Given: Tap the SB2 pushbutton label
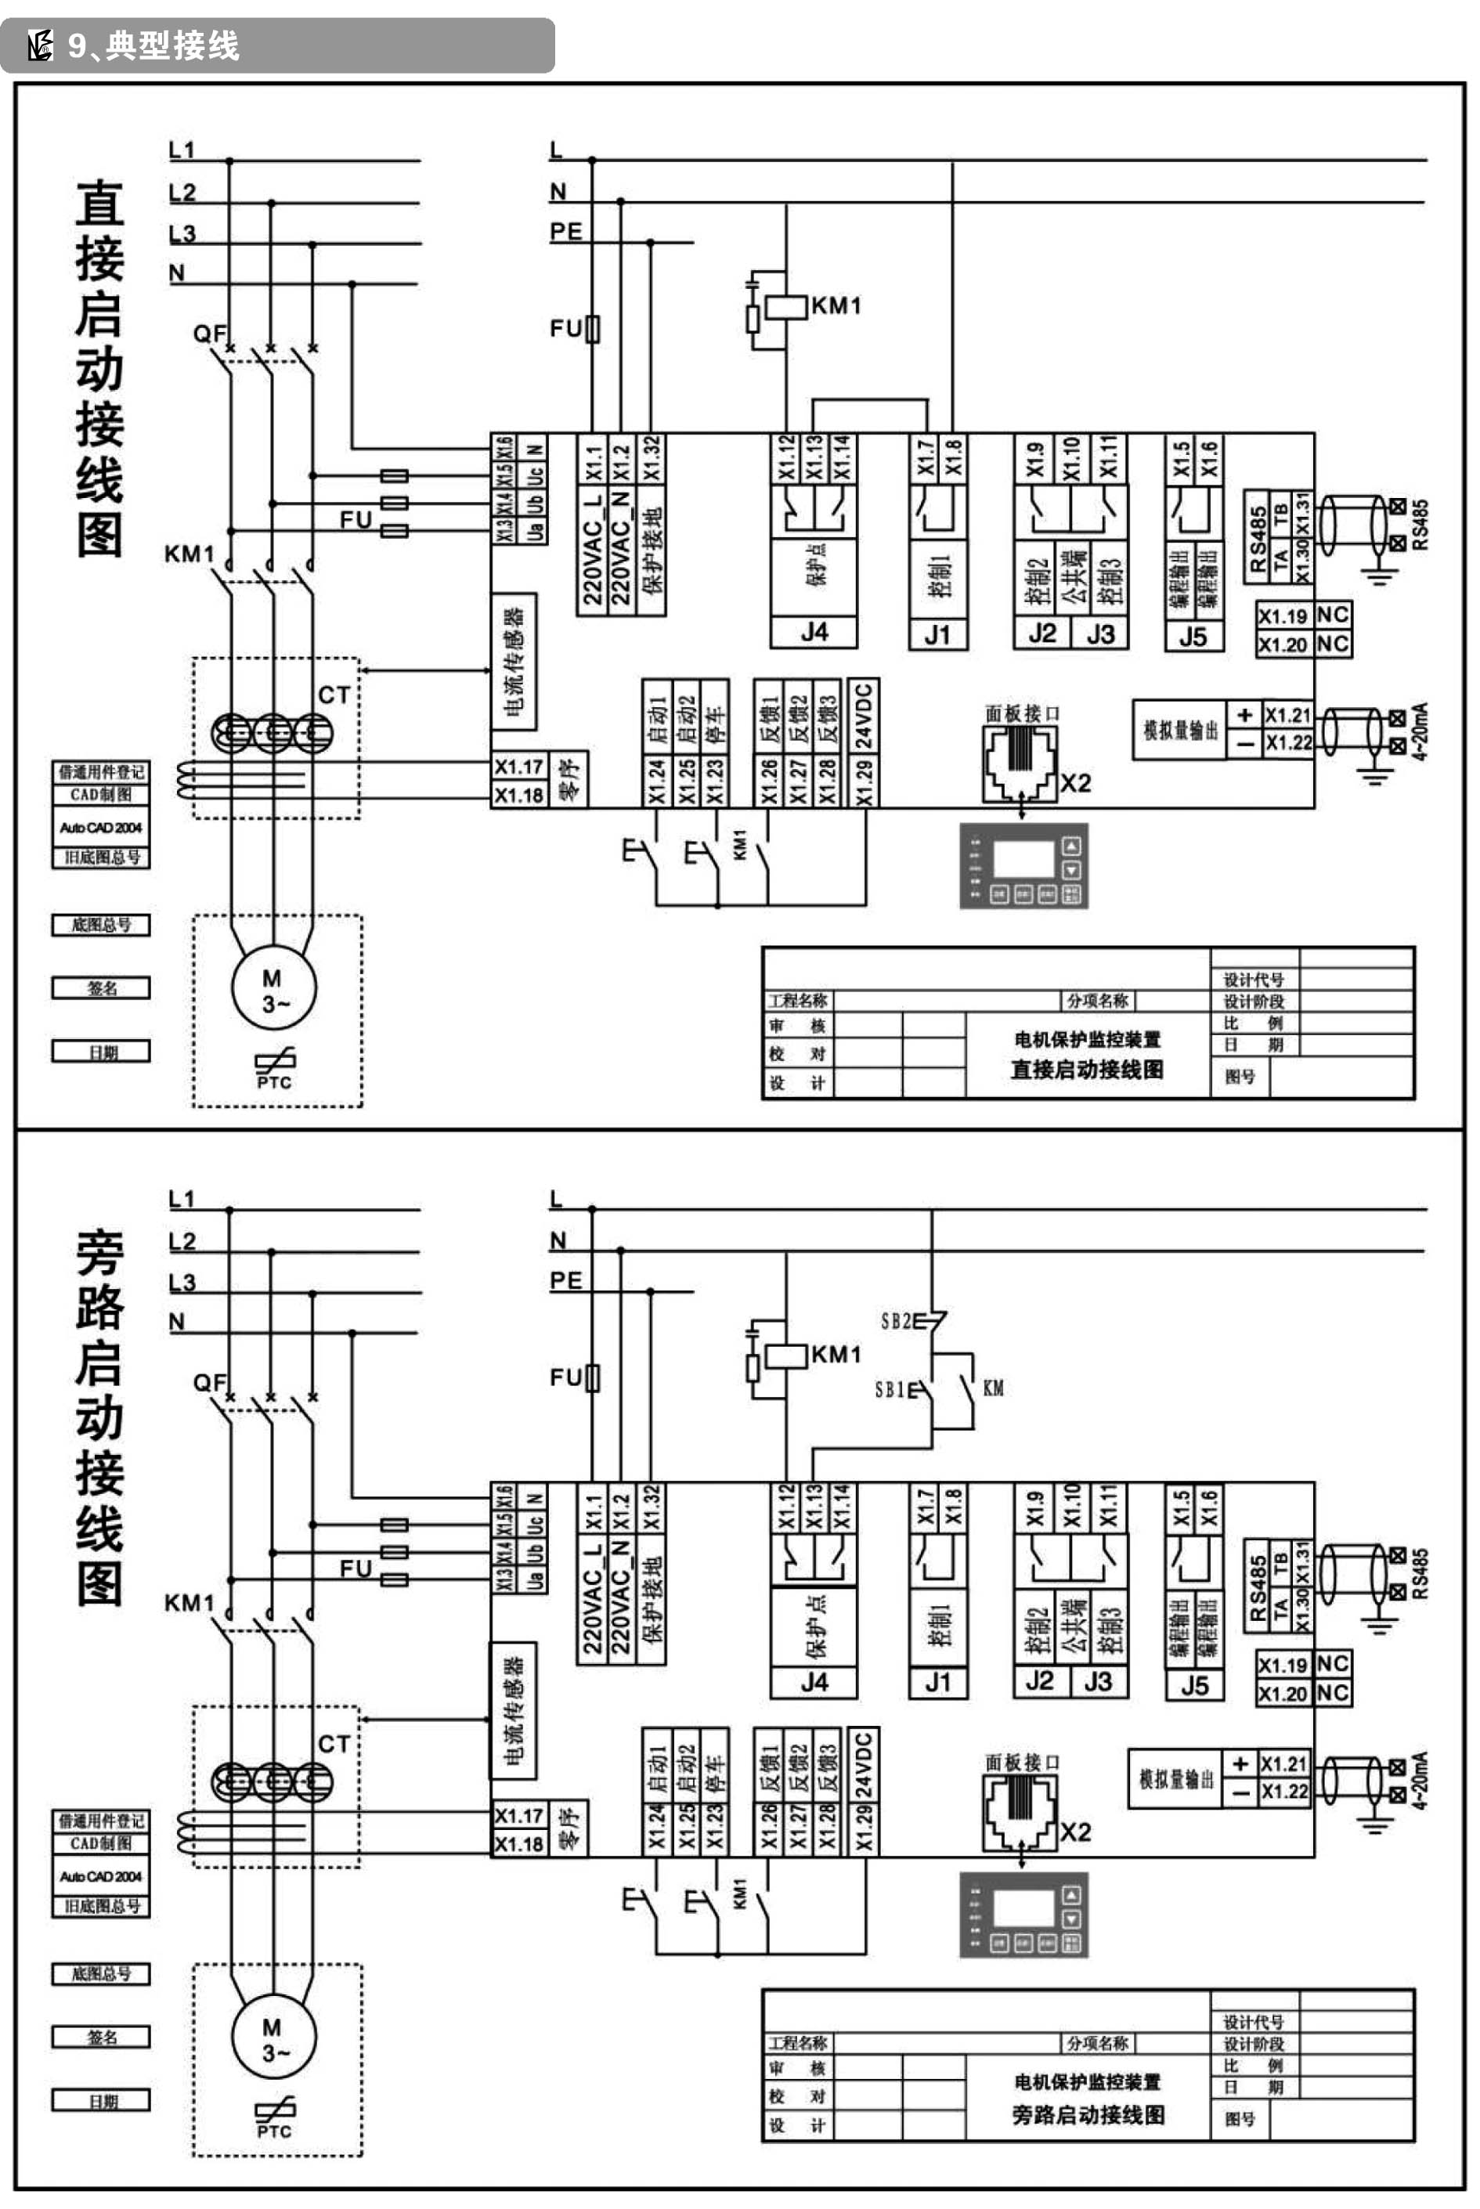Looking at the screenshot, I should pyautogui.click(x=895, y=1321).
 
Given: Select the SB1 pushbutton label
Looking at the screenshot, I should pyautogui.click(x=889, y=1389).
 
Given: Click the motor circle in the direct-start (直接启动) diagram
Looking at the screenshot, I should pyautogui.click(x=274, y=988).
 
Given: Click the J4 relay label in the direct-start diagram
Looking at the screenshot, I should pyautogui.click(x=814, y=632).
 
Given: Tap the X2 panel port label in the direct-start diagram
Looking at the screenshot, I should pyautogui.click(x=1075, y=783).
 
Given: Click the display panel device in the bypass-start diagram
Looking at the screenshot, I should pyautogui.click(x=1023, y=1914).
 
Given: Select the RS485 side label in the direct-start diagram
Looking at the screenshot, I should pyautogui.click(x=1421, y=525).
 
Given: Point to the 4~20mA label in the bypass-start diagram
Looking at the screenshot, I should pyautogui.click(x=1421, y=1780).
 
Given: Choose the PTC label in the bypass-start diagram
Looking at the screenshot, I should pyautogui.click(x=274, y=2131).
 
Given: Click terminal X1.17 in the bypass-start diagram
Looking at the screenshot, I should pyautogui.click(x=519, y=1815).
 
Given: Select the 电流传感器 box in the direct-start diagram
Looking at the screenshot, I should pyautogui.click(x=514, y=662).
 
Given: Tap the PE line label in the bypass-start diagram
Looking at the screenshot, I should pyautogui.click(x=565, y=1280).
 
